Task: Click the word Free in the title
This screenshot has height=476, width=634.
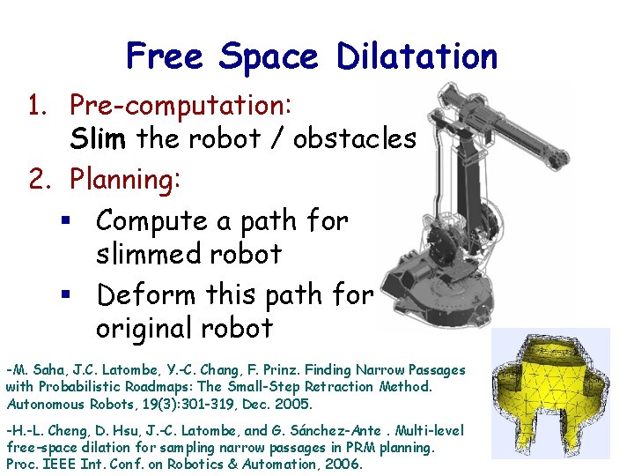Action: [x=166, y=56]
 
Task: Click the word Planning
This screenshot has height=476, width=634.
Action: [x=125, y=180]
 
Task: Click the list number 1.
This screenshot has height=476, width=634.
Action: [x=35, y=106]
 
